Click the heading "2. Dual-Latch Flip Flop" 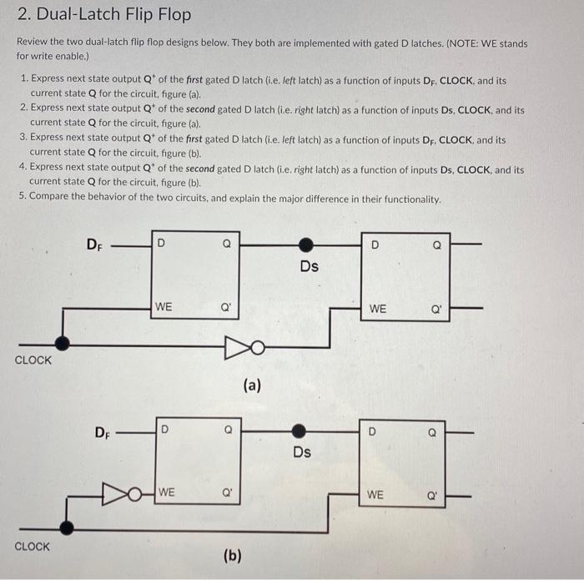[104, 15]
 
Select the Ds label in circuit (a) [309, 266]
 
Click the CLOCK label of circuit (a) [33, 361]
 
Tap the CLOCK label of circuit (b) [33, 547]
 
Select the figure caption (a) [252, 385]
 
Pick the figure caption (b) [232, 555]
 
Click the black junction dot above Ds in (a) [307, 245]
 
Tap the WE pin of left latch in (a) [164, 307]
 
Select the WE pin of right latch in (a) [377, 309]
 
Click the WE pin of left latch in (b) [167, 492]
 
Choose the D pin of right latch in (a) [375, 245]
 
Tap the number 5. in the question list [23, 199]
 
